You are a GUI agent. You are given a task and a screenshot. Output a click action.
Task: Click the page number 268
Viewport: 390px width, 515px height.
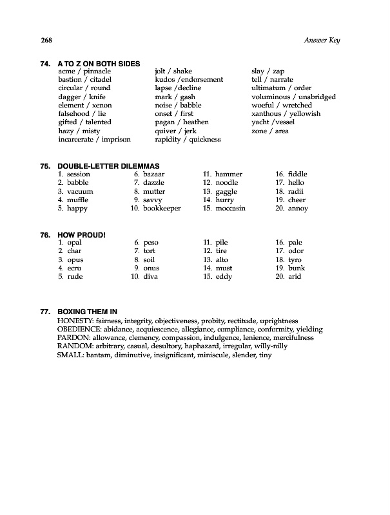click(46, 41)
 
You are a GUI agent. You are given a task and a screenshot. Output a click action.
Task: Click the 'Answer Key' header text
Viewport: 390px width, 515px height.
click(321, 41)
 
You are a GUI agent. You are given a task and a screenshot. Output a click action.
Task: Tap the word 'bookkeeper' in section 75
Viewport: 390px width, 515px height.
click(162, 209)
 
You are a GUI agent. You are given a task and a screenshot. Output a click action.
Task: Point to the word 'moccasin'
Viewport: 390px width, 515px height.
click(231, 209)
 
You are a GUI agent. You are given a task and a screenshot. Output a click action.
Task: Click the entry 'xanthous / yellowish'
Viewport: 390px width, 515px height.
click(286, 114)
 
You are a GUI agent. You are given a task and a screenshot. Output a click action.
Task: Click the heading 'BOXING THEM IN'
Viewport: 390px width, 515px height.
click(87, 312)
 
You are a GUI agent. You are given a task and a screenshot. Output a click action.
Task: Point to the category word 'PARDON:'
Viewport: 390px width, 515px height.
click(73, 337)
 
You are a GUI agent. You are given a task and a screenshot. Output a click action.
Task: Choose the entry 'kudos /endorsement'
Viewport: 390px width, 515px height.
click(189, 80)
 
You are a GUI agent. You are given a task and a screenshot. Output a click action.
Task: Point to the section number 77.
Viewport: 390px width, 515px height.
click(45, 312)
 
